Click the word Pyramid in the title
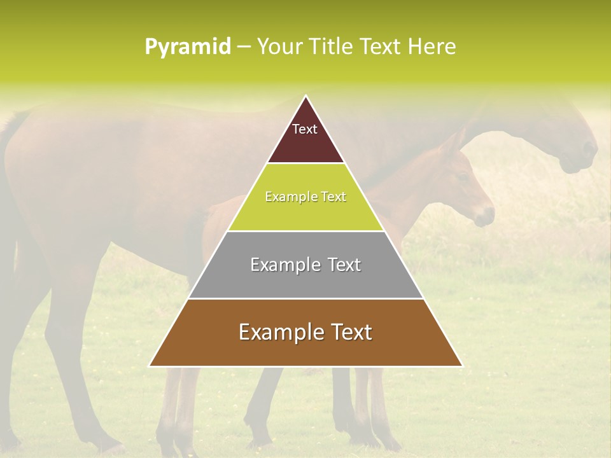(187, 46)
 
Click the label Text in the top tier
(305, 129)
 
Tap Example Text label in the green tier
(305, 197)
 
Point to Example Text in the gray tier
(305, 265)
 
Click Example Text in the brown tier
(305, 332)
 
